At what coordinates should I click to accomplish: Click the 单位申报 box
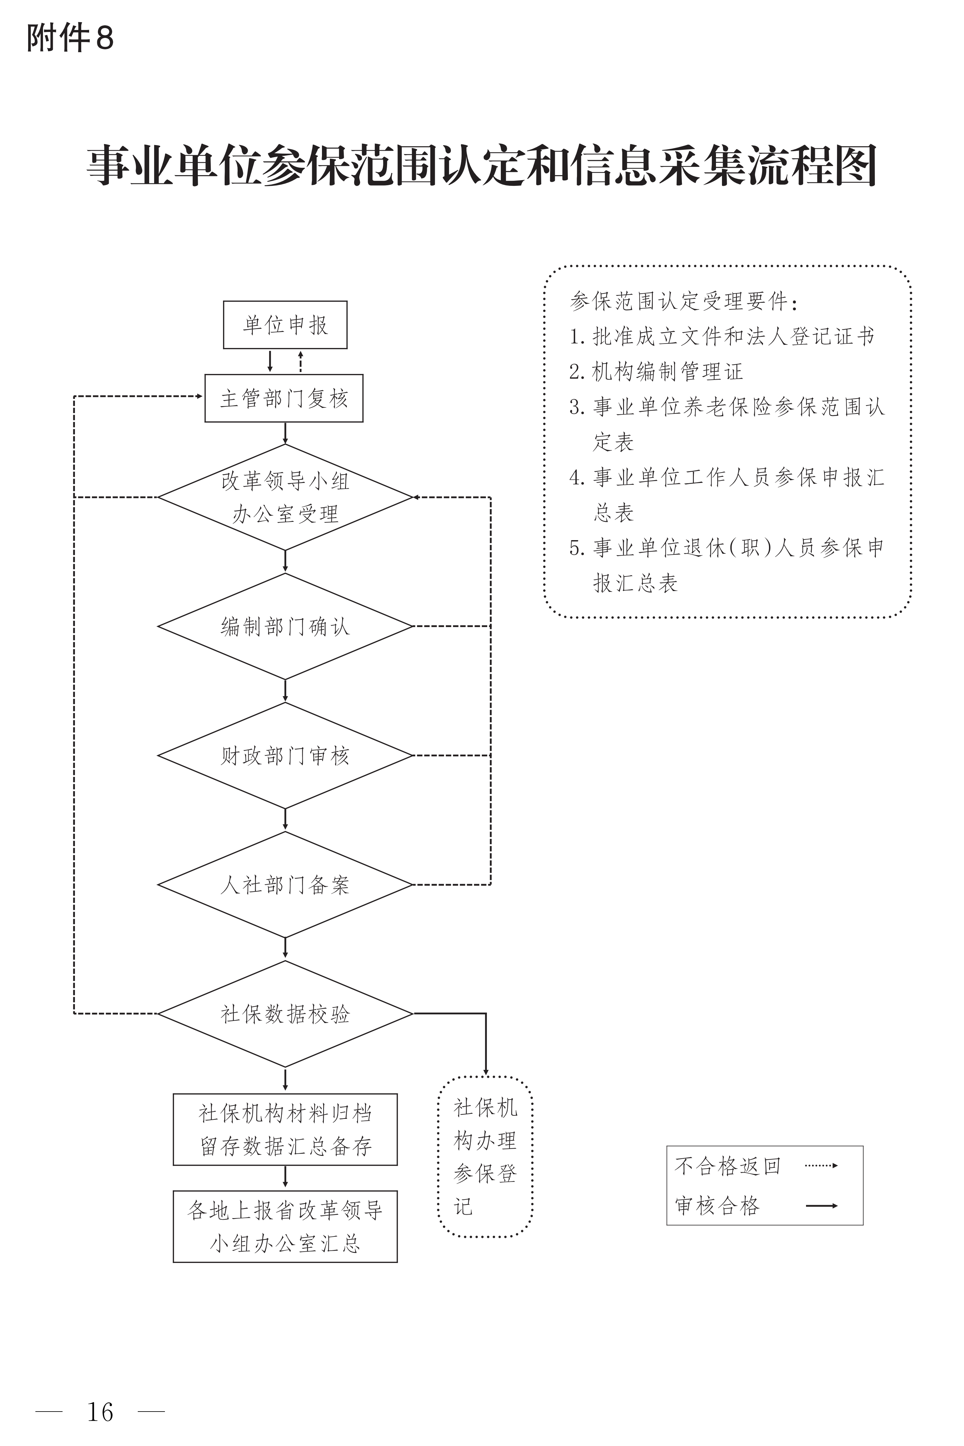pos(285,325)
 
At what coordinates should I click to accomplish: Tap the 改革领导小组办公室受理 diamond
pos(285,497)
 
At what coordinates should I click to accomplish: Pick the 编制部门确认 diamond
pos(285,626)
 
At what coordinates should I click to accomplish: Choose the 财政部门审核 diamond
pos(285,755)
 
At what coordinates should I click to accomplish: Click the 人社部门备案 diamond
pos(285,884)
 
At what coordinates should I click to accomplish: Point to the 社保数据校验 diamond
pos(285,1014)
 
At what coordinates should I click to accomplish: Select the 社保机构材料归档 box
pos(285,1129)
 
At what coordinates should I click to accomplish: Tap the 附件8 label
pos(70,38)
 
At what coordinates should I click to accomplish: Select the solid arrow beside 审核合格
pos(822,1205)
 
